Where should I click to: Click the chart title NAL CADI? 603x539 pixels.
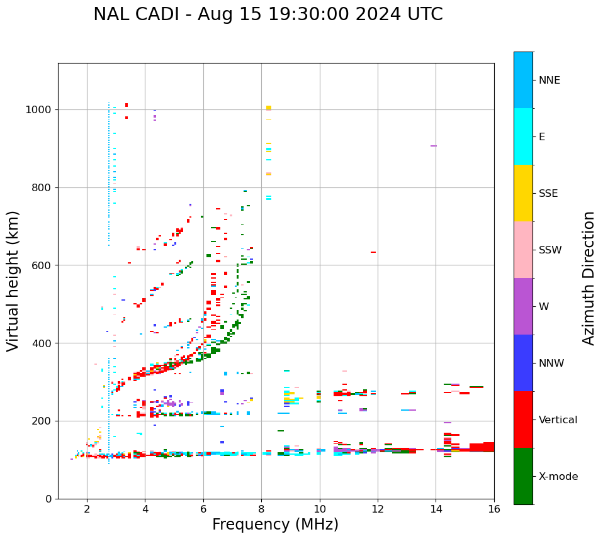(x=268, y=14)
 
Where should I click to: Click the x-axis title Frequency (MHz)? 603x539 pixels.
(x=275, y=525)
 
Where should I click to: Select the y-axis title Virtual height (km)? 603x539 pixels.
(x=13, y=281)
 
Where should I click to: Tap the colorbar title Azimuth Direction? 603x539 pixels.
(x=589, y=278)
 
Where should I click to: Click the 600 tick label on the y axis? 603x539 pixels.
(x=43, y=265)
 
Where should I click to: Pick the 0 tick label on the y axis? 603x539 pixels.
(x=48, y=499)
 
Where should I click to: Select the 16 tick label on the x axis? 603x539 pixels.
(x=494, y=509)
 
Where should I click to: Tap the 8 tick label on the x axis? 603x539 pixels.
(x=261, y=509)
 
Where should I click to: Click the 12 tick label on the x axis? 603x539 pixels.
(x=378, y=509)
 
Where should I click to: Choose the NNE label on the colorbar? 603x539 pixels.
(x=549, y=81)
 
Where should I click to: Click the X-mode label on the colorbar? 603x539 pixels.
(x=558, y=477)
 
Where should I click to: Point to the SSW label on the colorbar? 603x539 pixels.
(x=550, y=250)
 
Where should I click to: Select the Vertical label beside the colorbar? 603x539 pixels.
(x=558, y=420)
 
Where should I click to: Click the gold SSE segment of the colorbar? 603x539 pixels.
(x=523, y=193)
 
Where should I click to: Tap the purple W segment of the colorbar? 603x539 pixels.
(x=523, y=306)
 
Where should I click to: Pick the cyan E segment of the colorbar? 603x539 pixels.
(x=523, y=136)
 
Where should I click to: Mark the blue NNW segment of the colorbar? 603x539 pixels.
(x=523, y=363)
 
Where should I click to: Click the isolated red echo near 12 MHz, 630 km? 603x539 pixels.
(x=373, y=252)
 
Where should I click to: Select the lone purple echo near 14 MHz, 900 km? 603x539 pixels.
(x=433, y=146)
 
